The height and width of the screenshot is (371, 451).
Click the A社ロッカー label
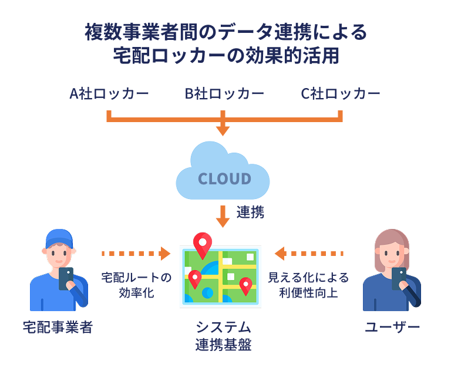point(109,94)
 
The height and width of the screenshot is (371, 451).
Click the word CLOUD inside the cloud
point(224,178)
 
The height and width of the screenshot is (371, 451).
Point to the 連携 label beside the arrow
point(250,213)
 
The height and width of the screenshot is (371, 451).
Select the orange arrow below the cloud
point(223,215)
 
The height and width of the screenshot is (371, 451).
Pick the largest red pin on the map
point(203,244)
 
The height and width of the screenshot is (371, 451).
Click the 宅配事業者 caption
point(58,327)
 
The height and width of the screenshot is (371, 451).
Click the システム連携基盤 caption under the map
point(223,336)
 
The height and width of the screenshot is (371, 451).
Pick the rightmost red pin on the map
point(245,285)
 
